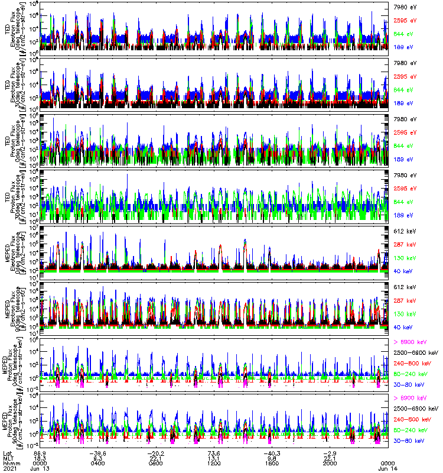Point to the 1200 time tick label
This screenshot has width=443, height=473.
214,463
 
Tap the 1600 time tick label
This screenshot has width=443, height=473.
272,463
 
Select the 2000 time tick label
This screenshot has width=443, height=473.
329,463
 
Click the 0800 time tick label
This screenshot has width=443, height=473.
157,463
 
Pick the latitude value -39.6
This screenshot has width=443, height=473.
98,452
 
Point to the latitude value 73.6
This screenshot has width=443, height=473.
214,452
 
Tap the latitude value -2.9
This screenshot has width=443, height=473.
329,452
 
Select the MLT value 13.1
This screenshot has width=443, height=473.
214,458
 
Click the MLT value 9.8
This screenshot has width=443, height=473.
272,458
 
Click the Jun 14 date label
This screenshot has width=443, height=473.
387,468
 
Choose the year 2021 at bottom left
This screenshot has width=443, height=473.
8,468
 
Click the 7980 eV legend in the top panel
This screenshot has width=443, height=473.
404,7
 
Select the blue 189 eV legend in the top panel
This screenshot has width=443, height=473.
404,46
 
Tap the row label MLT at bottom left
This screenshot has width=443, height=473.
7,458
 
